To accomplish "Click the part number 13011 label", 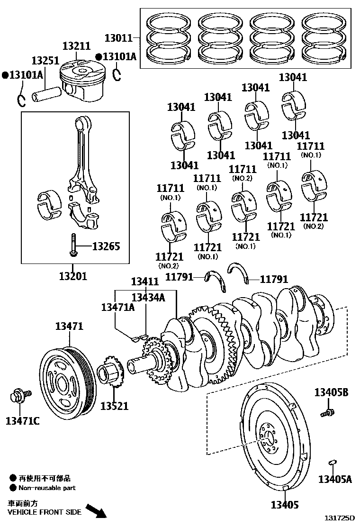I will [118, 37].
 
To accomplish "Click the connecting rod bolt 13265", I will [73, 245].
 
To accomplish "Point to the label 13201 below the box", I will [73, 276].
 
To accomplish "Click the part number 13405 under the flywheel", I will [285, 505].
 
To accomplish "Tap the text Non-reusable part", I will [47, 488].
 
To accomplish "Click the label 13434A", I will [148, 297].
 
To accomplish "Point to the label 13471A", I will [117, 307].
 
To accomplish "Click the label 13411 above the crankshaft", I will [145, 282].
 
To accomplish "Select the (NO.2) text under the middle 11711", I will [242, 178].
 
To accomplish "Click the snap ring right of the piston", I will [117, 74].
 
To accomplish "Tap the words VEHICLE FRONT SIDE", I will [45, 512].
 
